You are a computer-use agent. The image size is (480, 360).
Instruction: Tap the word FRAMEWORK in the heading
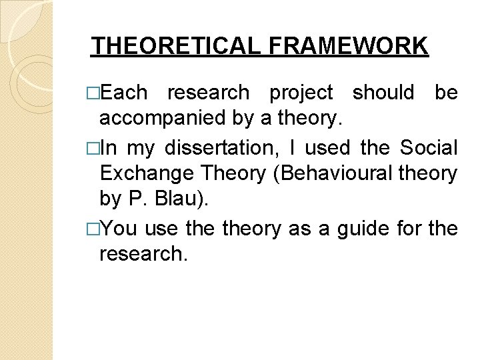tap(349, 46)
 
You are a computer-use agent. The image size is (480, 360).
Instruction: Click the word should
tap(383, 93)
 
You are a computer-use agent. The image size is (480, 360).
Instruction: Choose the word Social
tap(429, 147)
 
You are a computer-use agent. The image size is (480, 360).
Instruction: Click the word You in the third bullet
tap(120, 229)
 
